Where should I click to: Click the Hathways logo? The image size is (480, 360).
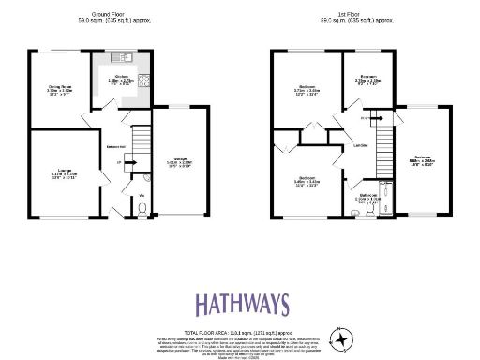tap(242, 305)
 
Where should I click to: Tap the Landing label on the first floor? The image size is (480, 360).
tap(359, 146)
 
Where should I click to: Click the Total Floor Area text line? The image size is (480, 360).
tap(242, 332)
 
